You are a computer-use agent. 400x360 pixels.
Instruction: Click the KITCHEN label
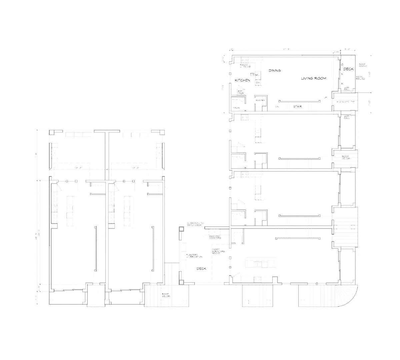click(x=242, y=80)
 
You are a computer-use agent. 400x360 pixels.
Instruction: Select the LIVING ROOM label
click(x=313, y=78)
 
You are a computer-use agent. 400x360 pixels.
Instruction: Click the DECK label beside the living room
click(x=348, y=69)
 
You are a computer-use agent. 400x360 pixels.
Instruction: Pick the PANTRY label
click(x=260, y=100)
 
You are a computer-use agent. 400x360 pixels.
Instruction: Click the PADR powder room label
click(x=237, y=108)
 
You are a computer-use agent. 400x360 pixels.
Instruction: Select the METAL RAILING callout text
click(x=361, y=78)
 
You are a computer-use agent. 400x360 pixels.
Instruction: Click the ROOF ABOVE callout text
click(x=363, y=65)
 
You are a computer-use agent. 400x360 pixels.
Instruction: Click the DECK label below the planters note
click(x=201, y=268)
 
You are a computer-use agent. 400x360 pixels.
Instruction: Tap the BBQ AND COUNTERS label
click(x=215, y=237)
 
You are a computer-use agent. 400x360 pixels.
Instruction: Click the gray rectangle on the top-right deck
click(x=349, y=79)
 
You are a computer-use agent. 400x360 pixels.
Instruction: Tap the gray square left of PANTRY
click(x=250, y=107)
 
